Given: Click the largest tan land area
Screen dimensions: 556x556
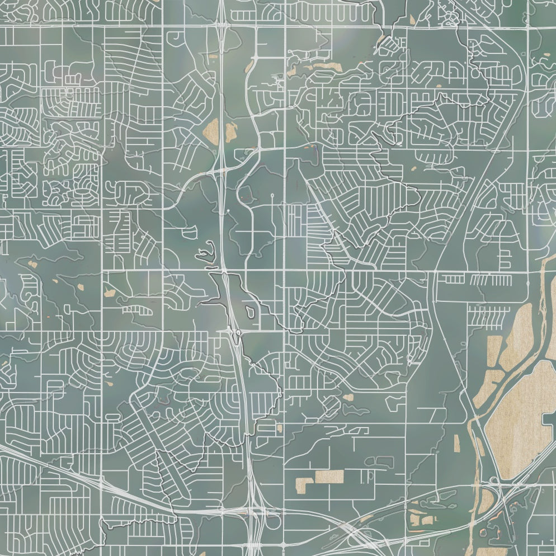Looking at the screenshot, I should pyautogui.click(x=517, y=420).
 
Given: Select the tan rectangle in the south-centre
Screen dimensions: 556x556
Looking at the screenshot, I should pyautogui.click(x=329, y=476).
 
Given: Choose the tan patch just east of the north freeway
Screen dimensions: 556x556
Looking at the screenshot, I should pyautogui.click(x=231, y=132).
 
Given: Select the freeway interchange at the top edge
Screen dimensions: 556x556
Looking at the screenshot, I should pyautogui.click(x=223, y=25).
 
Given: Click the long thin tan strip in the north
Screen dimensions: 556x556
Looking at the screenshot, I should pyautogui.click(x=322, y=68).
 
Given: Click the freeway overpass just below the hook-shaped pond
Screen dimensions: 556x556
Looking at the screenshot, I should pyautogui.click(x=223, y=272).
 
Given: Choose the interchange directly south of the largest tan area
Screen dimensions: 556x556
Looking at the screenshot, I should pyautogui.click(x=494, y=482).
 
